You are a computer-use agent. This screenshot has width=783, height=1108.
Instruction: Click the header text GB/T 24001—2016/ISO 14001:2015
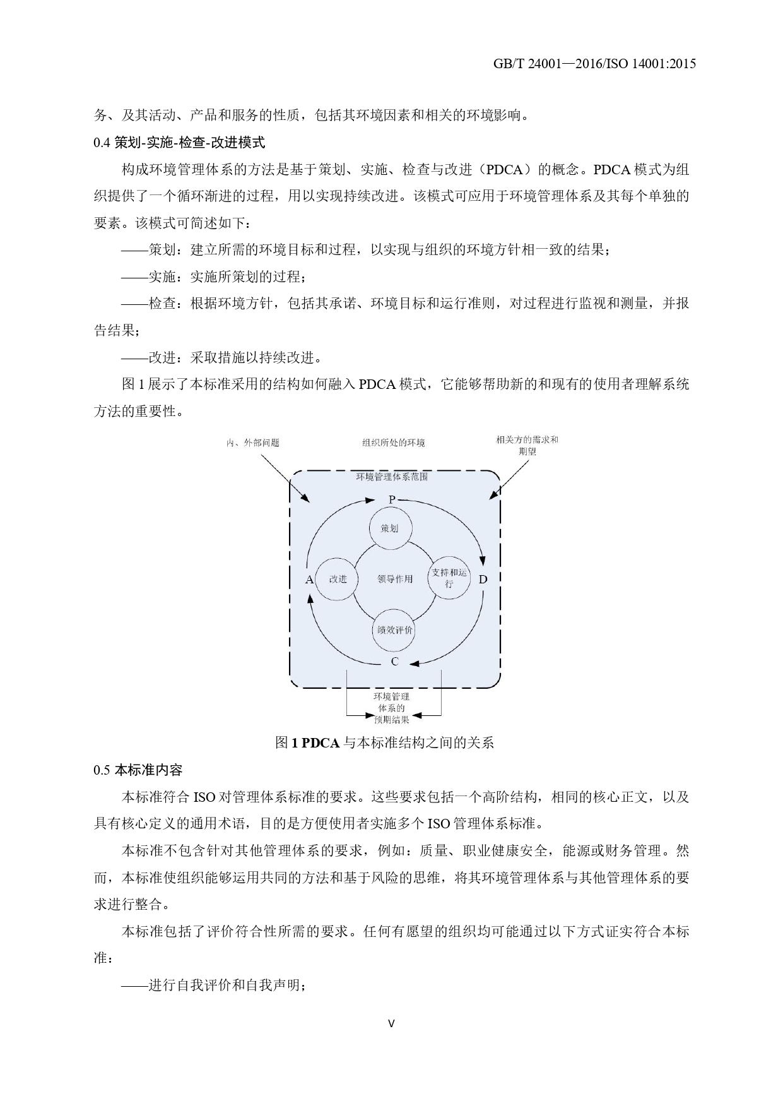pyautogui.click(x=594, y=64)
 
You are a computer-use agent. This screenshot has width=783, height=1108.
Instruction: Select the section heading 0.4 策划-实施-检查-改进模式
pyautogui.click(x=179, y=143)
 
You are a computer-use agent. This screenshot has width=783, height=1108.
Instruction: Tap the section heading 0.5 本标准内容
pyautogui.click(x=138, y=770)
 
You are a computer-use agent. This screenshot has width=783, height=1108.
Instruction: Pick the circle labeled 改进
pyautogui.click(x=337, y=579)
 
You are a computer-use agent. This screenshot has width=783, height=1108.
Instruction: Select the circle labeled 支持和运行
pyautogui.click(x=449, y=578)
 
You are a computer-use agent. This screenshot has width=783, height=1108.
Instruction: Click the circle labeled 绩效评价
pyautogui.click(x=394, y=630)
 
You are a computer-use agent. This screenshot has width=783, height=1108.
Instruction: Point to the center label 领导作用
pyautogui.click(x=395, y=579)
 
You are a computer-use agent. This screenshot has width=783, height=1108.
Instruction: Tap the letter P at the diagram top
pyautogui.click(x=392, y=500)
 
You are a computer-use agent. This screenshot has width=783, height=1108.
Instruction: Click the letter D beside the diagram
pyautogui.click(x=483, y=580)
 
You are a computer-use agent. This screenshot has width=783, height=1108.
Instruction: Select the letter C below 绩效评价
pyautogui.click(x=394, y=662)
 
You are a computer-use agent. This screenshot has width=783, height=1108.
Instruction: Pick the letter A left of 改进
pyautogui.click(x=309, y=580)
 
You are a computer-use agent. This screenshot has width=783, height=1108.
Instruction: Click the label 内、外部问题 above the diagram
pyautogui.click(x=253, y=443)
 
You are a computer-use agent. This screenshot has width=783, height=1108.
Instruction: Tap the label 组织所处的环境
pyautogui.click(x=393, y=443)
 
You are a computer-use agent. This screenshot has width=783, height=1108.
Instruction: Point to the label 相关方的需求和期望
pyautogui.click(x=527, y=445)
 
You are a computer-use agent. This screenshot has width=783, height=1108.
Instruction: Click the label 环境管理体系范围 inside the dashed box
pyautogui.click(x=392, y=477)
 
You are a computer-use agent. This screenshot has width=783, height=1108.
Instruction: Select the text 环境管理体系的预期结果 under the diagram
pyautogui.click(x=392, y=708)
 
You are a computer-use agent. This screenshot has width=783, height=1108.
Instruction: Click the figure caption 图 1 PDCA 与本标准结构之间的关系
pyautogui.click(x=384, y=743)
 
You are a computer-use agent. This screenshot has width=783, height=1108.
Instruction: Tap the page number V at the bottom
pyautogui.click(x=391, y=1023)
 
